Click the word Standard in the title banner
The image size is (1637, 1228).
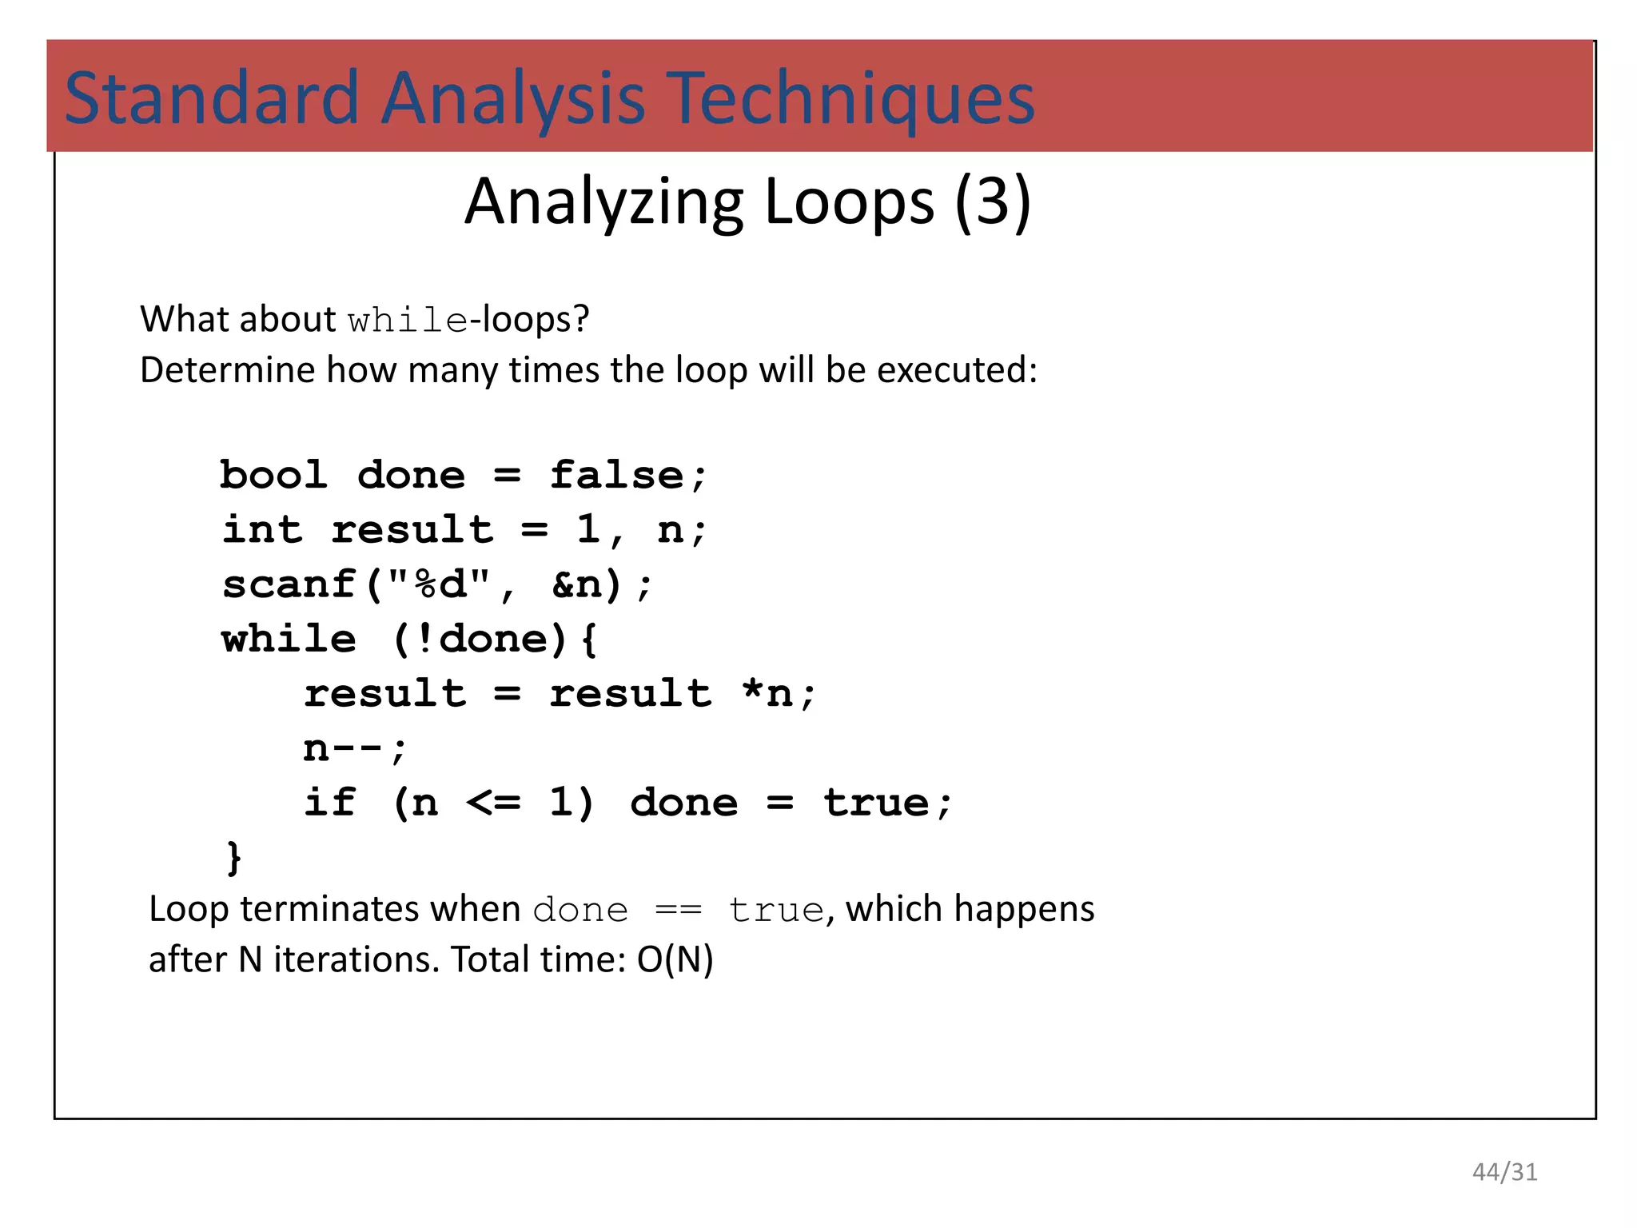212,98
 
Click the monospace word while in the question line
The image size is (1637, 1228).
408,321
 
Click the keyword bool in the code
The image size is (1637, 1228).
274,475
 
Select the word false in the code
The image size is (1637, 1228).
616,475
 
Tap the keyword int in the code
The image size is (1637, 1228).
262,529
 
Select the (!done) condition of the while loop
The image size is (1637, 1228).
480,639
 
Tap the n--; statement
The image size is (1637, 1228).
355,748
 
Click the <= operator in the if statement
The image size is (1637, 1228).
493,803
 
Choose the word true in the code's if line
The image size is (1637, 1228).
877,803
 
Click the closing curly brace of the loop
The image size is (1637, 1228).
233,857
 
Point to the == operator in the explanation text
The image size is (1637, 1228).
678,911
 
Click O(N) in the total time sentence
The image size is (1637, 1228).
675,959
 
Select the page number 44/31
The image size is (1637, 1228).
1504,1172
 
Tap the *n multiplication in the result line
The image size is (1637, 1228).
767,693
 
